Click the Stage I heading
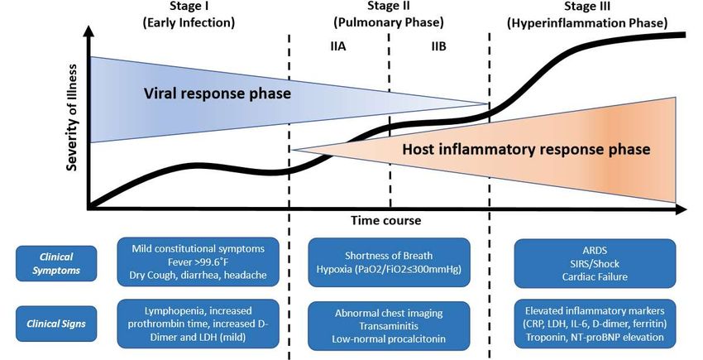click(x=189, y=14)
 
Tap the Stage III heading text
click(x=587, y=14)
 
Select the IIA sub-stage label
click(x=338, y=46)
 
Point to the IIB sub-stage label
click(x=438, y=46)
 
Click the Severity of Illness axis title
click(x=72, y=118)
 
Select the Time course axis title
click(x=386, y=220)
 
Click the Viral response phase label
click(x=217, y=94)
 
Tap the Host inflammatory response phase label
click(x=526, y=149)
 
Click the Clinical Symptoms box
click(x=56, y=263)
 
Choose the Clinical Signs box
click(x=56, y=324)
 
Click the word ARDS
click(x=595, y=251)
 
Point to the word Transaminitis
click(x=389, y=326)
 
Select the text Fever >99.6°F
click(x=198, y=262)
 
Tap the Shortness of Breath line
click(x=389, y=256)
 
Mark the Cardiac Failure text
click(x=595, y=276)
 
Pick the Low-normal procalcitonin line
click(x=389, y=339)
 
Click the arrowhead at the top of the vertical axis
click(x=89, y=31)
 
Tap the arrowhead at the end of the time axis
click(x=681, y=209)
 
